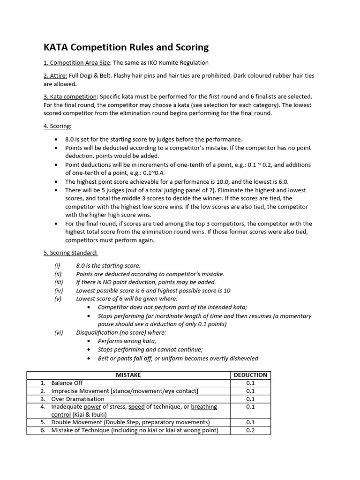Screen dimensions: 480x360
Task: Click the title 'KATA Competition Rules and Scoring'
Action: (x=126, y=47)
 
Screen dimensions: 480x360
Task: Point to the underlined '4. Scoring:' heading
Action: (x=59, y=126)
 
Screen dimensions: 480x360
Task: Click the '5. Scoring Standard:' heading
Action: (x=71, y=253)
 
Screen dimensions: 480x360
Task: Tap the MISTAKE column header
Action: (x=128, y=375)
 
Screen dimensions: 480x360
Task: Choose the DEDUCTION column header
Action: (x=250, y=375)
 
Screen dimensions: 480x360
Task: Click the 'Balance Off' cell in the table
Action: (x=67, y=383)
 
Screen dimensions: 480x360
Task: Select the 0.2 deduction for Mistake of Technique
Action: (x=250, y=430)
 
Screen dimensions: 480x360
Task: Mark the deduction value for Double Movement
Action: (x=250, y=422)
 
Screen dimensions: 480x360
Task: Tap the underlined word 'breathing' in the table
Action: (x=204, y=407)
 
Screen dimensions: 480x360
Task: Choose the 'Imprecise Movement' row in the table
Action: (x=125, y=391)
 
